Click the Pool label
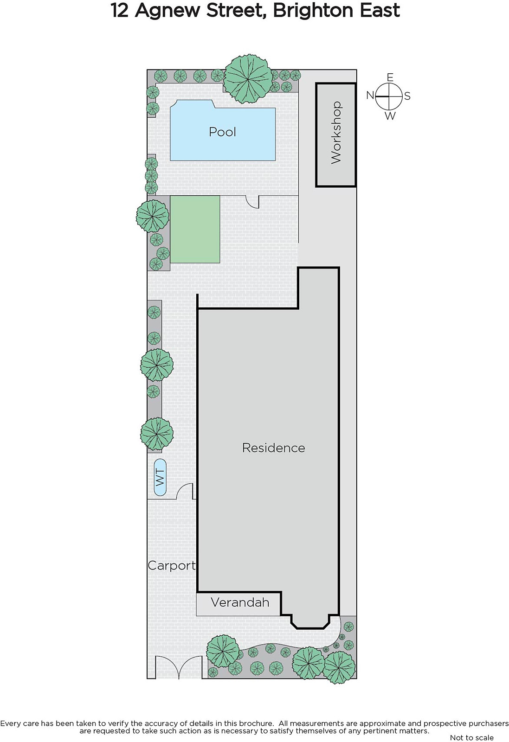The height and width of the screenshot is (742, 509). click(x=222, y=132)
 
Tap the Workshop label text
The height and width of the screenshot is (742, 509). click(x=336, y=133)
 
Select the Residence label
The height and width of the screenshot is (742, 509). click(x=273, y=448)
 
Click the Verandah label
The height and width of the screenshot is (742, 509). click(x=239, y=602)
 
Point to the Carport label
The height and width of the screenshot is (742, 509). click(x=171, y=566)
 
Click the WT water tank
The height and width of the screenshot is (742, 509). click(x=160, y=477)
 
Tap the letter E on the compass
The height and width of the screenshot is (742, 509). click(x=390, y=77)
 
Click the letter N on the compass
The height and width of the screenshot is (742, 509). click(x=370, y=96)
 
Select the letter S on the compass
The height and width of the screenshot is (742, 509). click(x=407, y=96)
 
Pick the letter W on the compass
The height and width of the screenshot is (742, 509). click(x=390, y=115)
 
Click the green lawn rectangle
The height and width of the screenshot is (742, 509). click(x=195, y=229)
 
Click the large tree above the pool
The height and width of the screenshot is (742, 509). click(x=248, y=78)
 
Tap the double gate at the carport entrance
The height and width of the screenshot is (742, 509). click(x=178, y=668)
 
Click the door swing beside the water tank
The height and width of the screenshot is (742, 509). click(x=185, y=491)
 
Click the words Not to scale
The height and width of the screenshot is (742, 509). click(x=471, y=737)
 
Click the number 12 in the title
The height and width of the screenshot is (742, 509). click(x=119, y=11)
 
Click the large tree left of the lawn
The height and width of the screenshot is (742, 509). click(x=153, y=216)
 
